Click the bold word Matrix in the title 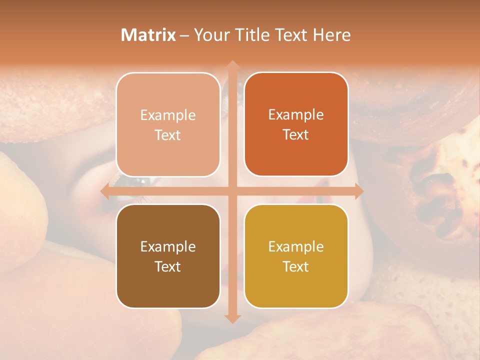(x=148, y=35)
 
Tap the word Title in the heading (x=250, y=35)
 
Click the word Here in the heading (x=331, y=35)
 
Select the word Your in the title (x=209, y=35)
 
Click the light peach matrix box (x=168, y=124)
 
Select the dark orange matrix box (x=296, y=124)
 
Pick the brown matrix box (x=168, y=256)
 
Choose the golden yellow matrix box (x=296, y=256)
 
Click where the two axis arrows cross (x=232, y=191)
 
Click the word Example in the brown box (x=168, y=246)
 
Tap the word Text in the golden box (x=296, y=266)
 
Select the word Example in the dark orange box (x=296, y=114)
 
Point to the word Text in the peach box (x=168, y=135)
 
